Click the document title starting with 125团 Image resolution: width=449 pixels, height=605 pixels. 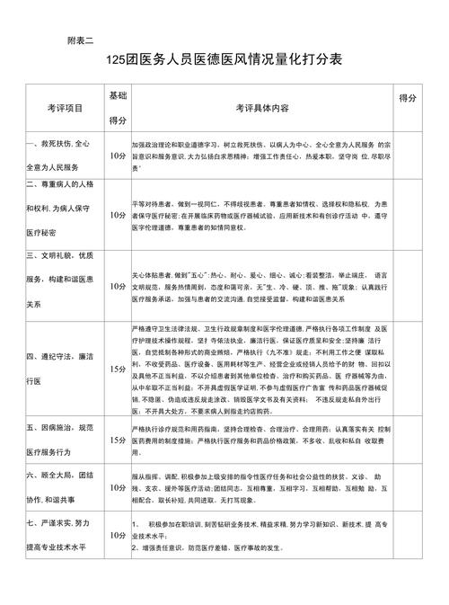click(224, 59)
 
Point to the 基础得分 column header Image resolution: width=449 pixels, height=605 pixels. click(117, 107)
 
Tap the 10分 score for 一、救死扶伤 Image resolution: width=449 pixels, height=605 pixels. click(117, 155)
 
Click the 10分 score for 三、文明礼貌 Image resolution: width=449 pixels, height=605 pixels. click(117, 287)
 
